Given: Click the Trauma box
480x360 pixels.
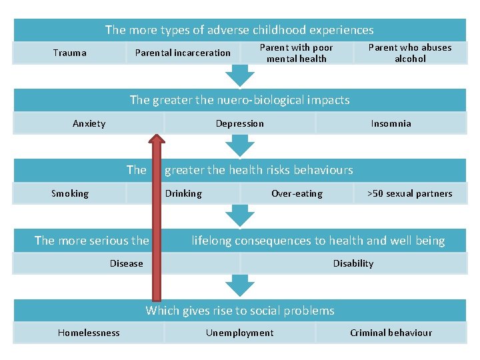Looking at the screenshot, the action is (69, 53).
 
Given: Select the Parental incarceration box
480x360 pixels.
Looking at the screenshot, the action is (183, 53).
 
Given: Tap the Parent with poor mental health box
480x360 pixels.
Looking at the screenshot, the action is (296, 53).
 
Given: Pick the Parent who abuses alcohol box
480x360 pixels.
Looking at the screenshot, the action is (410, 53).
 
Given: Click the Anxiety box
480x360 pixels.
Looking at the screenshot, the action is (89, 123).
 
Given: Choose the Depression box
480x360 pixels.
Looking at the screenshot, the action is (240, 123).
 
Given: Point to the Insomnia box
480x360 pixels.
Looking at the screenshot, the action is (391, 123).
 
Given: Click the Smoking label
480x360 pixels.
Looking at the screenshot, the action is (70, 193).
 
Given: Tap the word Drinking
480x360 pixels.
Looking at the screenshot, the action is (184, 193).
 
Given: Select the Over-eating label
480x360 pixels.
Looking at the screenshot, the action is (297, 193).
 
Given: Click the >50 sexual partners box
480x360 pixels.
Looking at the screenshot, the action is (410, 193).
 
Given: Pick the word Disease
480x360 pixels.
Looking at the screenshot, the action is (127, 263).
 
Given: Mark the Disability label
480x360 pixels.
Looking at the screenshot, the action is (353, 263).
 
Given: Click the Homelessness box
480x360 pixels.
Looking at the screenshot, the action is (89, 333).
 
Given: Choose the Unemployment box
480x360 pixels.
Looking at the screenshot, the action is (240, 333).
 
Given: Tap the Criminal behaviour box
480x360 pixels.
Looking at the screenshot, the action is (391, 333).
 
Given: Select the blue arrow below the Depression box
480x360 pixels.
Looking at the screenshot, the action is (240, 146).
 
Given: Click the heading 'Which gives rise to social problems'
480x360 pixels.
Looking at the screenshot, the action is (240, 311).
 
